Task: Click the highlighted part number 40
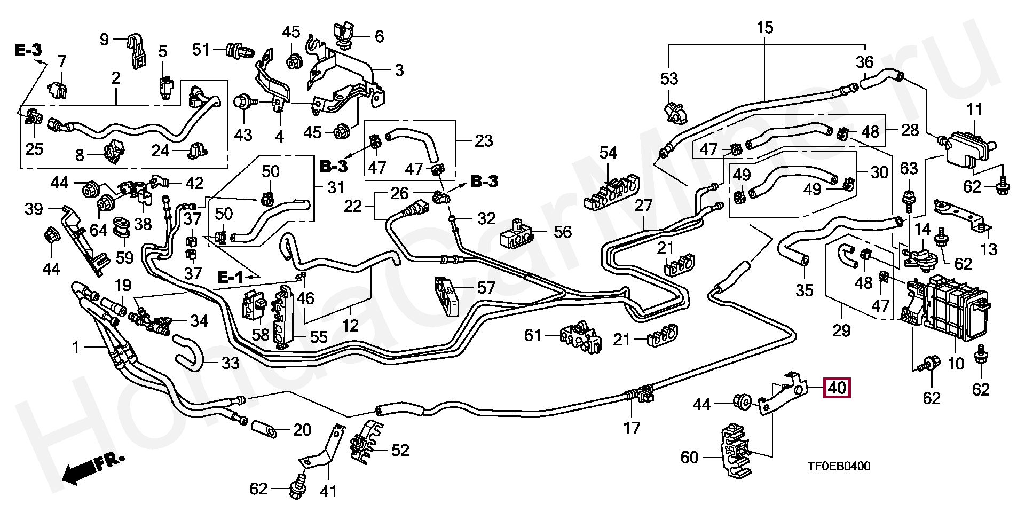tap(837, 388)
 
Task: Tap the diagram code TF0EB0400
tap(838, 467)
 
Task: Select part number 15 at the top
tap(764, 28)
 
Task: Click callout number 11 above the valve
tap(974, 111)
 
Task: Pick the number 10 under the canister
tap(956, 364)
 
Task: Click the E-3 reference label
tap(28, 51)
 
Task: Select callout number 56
tap(562, 232)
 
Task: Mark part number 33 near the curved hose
tap(230, 364)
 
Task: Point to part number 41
tap(328, 490)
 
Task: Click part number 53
tap(669, 79)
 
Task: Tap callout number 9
tap(104, 39)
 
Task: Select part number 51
tap(201, 50)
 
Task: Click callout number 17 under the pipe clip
tap(632, 428)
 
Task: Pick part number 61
tap(532, 336)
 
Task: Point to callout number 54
tap(608, 154)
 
